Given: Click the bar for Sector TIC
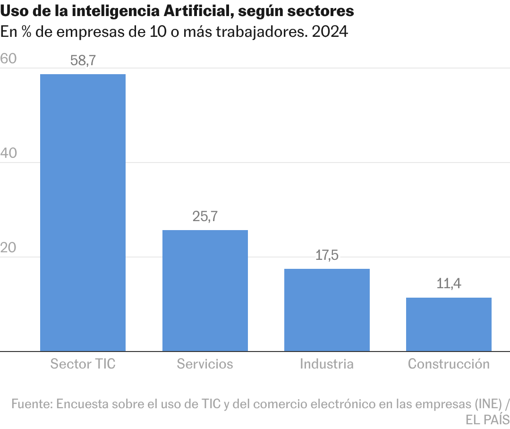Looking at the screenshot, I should pyautogui.click(x=83, y=213).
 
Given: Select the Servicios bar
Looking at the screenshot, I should pyautogui.click(x=205, y=291).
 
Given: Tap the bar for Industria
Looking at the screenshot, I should pyautogui.click(x=327, y=310).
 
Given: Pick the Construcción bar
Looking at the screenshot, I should pyautogui.click(x=449, y=324).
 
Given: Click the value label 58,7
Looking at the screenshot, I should pyautogui.click(x=83, y=60).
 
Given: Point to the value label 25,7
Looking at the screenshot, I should pyautogui.click(x=205, y=216).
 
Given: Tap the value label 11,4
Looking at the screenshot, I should pyautogui.click(x=449, y=284).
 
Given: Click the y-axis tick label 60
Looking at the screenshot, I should pyautogui.click(x=8, y=59).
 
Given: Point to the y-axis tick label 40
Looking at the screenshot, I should pyautogui.click(x=8, y=153).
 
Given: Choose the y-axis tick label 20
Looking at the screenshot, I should pyautogui.click(x=8, y=248).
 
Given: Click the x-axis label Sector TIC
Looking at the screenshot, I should pyautogui.click(x=83, y=364).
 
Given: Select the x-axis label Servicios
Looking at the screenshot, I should pyautogui.click(x=205, y=364).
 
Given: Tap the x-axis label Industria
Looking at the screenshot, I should pyautogui.click(x=327, y=364).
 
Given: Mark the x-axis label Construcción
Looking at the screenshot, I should pyautogui.click(x=449, y=364).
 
